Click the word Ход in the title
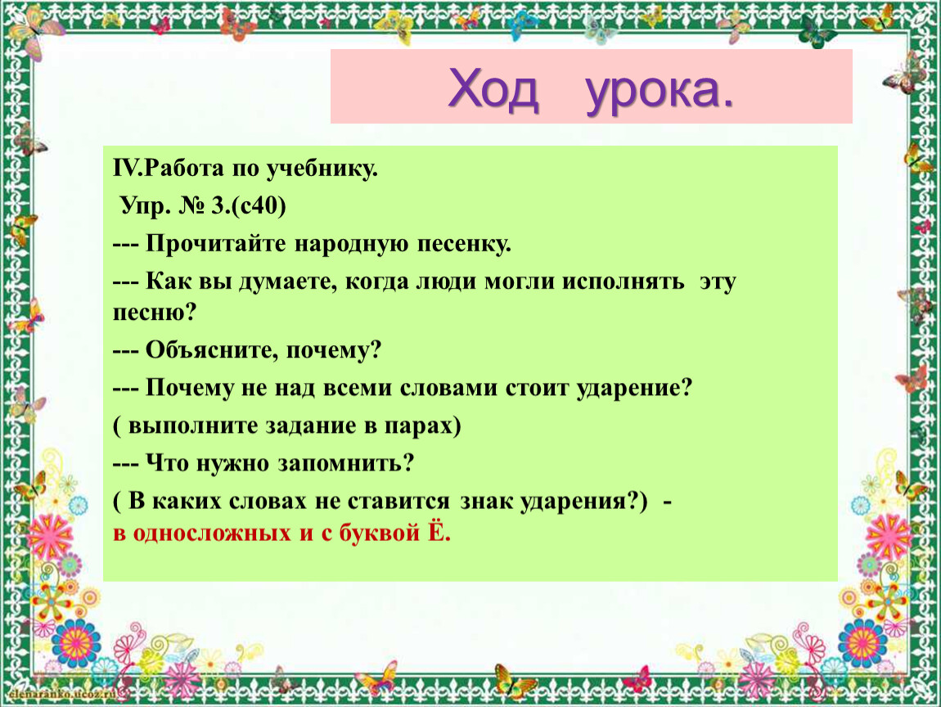coord(493,89)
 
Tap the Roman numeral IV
coord(126,168)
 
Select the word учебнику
coord(322,170)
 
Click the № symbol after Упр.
coord(192,206)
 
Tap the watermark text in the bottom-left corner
coord(61,694)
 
